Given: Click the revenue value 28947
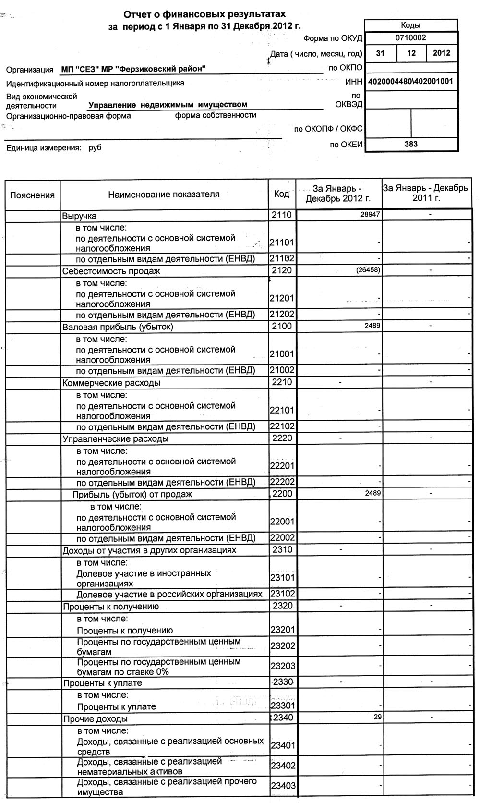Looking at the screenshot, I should point(371,214).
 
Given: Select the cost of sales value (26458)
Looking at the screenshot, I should point(368,270).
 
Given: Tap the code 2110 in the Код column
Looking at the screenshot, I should point(281,215).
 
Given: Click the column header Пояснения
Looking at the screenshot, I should point(33,195).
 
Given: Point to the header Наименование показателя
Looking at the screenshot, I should point(164,195).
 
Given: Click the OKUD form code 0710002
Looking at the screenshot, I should point(411,37).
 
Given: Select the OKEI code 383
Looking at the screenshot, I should point(411,144).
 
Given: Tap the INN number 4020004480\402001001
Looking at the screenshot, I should point(411,81).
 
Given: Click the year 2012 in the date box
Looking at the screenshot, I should point(442,53).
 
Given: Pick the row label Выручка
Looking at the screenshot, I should point(79,216).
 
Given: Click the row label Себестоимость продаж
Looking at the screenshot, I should point(111,271).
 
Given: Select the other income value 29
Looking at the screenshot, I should point(378,717).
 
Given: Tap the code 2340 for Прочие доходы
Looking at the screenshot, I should point(283,718).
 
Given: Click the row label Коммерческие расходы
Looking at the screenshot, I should point(111,383).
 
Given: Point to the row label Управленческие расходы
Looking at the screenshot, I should point(115,438).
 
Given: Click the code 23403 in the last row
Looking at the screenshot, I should point(283,786).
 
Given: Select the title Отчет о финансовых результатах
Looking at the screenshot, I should point(205,15).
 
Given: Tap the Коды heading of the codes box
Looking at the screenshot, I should point(411,25).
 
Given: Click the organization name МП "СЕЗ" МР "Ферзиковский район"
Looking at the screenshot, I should point(133,69).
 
